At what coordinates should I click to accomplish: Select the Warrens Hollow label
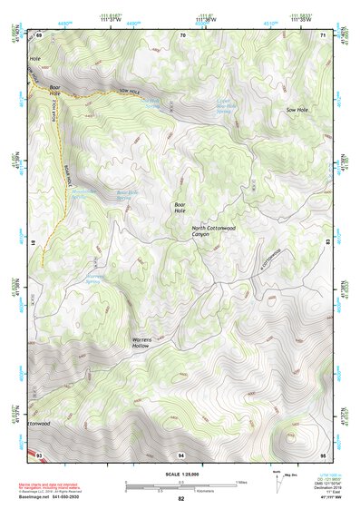tap(134, 343)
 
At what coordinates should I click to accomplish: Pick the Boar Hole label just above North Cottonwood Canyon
tap(180, 208)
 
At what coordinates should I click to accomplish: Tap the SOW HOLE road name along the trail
tap(131, 93)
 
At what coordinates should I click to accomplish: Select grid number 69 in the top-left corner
tap(39, 34)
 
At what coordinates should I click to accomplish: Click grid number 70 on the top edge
tap(182, 34)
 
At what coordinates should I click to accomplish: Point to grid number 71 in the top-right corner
tap(325, 34)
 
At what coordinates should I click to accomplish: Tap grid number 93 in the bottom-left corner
tap(39, 453)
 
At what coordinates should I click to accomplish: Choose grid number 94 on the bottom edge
tap(182, 453)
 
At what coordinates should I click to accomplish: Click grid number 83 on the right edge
tap(328, 242)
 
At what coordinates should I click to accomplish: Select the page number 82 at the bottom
tap(181, 499)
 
